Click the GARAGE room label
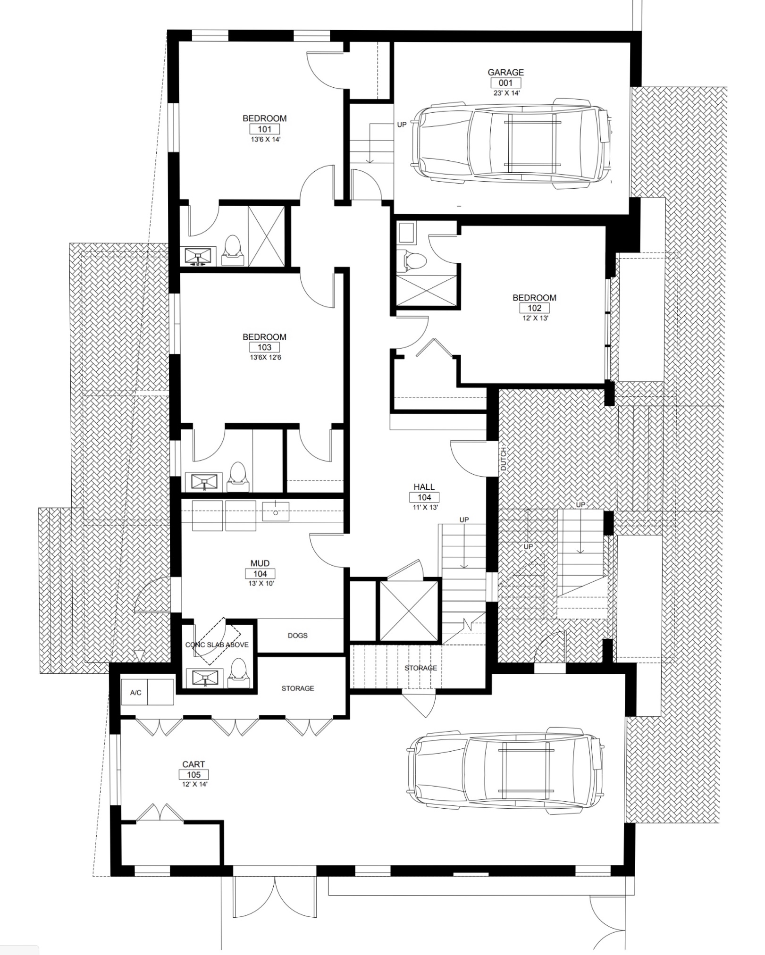point(505,72)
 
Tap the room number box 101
point(265,129)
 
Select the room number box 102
point(534,308)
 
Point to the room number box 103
point(264,347)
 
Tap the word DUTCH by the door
point(503,458)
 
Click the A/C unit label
point(135,693)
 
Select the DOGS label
point(297,636)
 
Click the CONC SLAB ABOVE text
point(217,645)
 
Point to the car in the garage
point(512,143)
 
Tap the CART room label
point(193,764)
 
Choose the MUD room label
point(260,563)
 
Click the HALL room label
point(424,486)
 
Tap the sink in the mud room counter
point(276,511)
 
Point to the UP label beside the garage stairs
point(402,125)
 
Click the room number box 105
point(193,774)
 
